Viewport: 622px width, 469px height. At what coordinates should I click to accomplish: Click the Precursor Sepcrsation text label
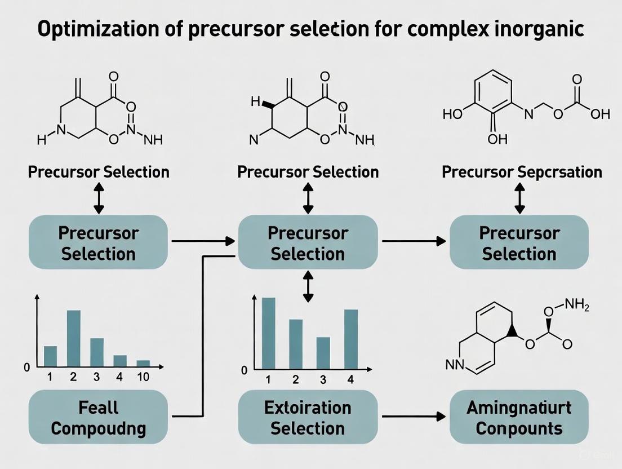click(x=522, y=172)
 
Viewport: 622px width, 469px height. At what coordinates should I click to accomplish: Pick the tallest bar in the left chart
click(x=74, y=338)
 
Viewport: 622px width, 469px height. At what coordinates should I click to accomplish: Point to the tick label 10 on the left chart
click(x=143, y=377)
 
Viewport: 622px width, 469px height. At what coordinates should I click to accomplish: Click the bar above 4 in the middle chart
click(x=350, y=339)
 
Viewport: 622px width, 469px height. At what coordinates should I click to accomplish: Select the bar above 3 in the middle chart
click(x=323, y=352)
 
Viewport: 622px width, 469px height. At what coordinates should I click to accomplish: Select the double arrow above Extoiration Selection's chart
click(x=308, y=287)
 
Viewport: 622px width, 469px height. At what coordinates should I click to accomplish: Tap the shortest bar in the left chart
click(x=143, y=363)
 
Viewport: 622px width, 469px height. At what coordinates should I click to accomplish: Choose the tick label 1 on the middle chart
click(x=268, y=379)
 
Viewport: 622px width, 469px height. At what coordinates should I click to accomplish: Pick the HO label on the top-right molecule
click(x=452, y=114)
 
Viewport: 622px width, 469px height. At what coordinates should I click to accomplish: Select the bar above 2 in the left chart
click(x=74, y=338)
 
